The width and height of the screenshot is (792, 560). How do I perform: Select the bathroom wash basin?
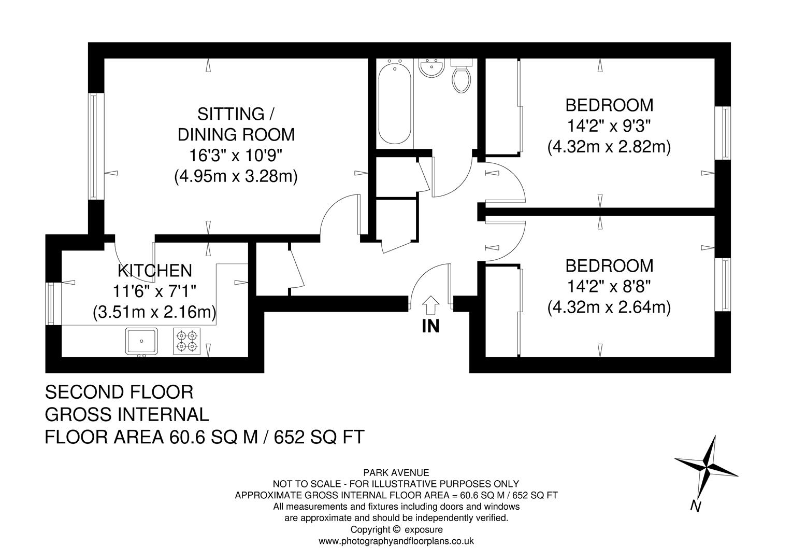coord(430,68)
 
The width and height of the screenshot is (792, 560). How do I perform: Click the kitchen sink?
coord(141,341)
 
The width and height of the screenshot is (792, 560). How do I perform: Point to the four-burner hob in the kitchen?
coord(187,341)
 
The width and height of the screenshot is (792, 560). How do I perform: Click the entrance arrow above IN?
coord(430,305)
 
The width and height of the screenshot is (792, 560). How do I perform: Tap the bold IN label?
coord(430,327)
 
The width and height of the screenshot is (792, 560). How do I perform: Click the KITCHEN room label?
coord(155,270)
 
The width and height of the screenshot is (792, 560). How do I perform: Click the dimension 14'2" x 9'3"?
coord(609,126)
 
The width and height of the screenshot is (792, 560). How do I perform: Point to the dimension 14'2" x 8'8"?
coord(609,287)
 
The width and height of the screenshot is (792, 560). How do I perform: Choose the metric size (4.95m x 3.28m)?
coord(236,177)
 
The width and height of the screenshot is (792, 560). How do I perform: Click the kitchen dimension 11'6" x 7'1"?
coord(155,291)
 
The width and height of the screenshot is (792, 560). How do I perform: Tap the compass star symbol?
coord(707,466)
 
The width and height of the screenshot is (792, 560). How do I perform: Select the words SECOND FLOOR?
coord(119,392)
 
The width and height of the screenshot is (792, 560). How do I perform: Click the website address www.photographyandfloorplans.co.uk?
coord(396,541)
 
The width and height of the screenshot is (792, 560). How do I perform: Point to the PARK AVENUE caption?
coord(396,472)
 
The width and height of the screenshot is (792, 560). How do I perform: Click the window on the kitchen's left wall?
coord(51,303)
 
